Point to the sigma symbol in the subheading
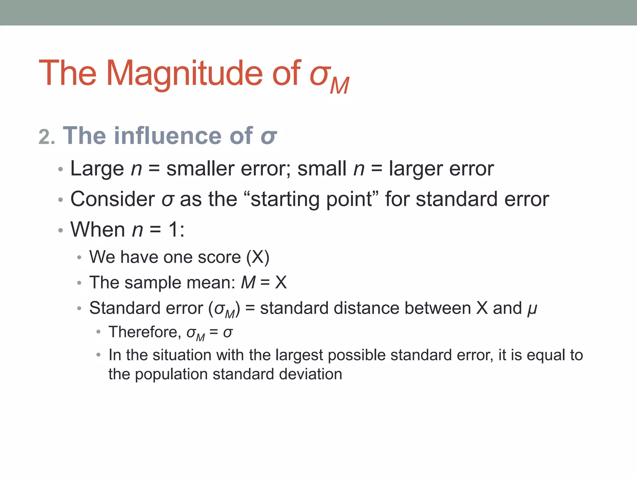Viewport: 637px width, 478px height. pos(268,137)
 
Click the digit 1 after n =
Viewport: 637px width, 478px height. pos(173,230)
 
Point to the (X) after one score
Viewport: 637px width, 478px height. pos(258,257)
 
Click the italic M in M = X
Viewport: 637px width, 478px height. pos(248,283)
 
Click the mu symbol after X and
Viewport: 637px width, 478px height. pos(532,309)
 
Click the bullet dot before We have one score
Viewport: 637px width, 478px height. pos(79,257)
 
